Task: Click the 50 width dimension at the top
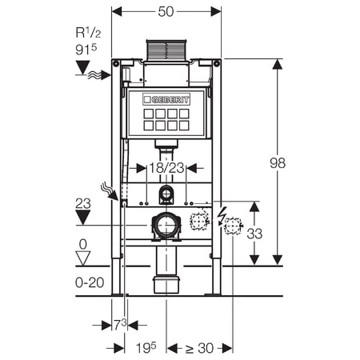166,12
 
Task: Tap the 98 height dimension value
278,163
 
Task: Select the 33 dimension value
254,234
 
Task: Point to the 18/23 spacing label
166,168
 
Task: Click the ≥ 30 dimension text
199,348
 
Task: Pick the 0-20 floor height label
90,282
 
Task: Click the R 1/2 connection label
89,33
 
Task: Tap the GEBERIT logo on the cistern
166,99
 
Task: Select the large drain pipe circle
166,226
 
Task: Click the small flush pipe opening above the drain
166,194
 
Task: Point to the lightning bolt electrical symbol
221,215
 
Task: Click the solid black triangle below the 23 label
82,218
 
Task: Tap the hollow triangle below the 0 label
83,258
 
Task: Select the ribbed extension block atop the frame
166,50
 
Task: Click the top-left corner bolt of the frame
116,63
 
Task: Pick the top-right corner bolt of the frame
217,63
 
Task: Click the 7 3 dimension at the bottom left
120,324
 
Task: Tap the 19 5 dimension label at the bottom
146,347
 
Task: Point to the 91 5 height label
86,50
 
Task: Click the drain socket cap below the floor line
166,285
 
